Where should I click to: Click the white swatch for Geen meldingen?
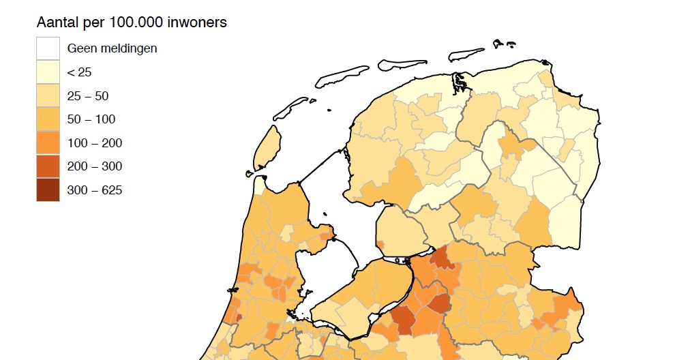[48, 48]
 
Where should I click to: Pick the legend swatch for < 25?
[48, 72]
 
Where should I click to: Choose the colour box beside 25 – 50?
[48, 96]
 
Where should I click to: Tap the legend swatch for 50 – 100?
[48, 119]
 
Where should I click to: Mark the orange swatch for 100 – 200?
[48, 143]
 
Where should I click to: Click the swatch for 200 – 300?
[48, 166]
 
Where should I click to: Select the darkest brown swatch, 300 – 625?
[48, 190]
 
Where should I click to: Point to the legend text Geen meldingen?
[112, 48]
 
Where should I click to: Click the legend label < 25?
[79, 72]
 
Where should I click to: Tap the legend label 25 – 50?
[87, 96]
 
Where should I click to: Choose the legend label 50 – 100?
[91, 119]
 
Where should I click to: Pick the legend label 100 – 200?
[94, 143]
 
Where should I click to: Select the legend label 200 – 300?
[94, 166]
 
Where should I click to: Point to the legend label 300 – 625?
[94, 190]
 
